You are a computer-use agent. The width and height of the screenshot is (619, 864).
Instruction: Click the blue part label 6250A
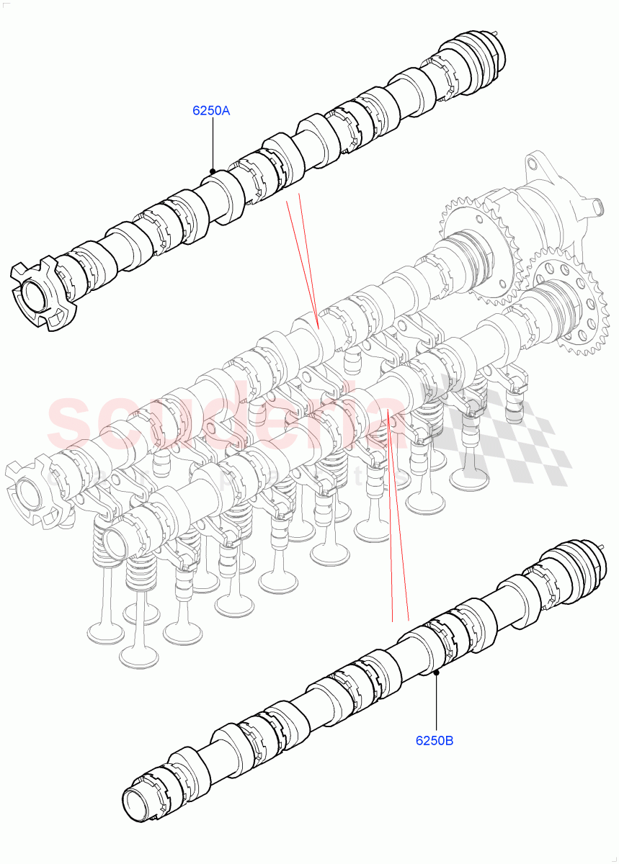[x=210, y=111]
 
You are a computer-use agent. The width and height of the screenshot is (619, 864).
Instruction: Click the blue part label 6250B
[x=434, y=739]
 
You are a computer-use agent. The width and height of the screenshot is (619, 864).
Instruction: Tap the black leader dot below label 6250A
[x=213, y=171]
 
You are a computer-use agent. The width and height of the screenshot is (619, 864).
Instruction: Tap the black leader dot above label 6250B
[x=437, y=673]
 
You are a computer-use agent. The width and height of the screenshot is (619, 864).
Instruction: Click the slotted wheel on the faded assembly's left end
[x=32, y=497]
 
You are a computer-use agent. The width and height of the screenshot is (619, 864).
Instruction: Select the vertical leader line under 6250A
[x=213, y=144]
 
